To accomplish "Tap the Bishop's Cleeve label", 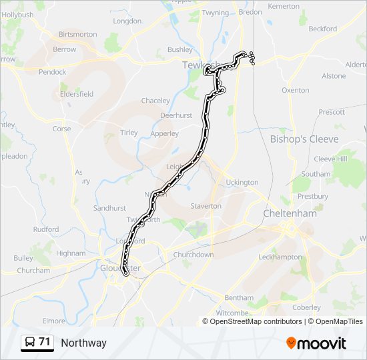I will tap(304, 139).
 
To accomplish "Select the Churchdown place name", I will tap(194, 255).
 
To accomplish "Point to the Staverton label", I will tap(206, 206).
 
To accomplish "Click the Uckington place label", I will tap(242, 182).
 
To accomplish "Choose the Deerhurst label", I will tap(177, 115).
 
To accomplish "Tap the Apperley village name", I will tap(165, 133).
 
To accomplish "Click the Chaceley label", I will tap(155, 101).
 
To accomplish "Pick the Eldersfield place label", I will tap(77, 94).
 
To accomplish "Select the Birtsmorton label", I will tap(77, 34).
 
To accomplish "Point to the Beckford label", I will tap(323, 29).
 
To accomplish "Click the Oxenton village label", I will tap(296, 90).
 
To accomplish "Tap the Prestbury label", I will tap(313, 197).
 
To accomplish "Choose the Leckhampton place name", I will tap(280, 257).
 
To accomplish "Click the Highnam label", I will tap(71, 253).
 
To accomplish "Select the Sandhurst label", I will tap(109, 208).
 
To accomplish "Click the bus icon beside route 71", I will tap(30, 342).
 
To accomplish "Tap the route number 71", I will tap(45, 342).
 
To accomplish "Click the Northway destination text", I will tap(83, 343).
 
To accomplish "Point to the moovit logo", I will tap(316, 343).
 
